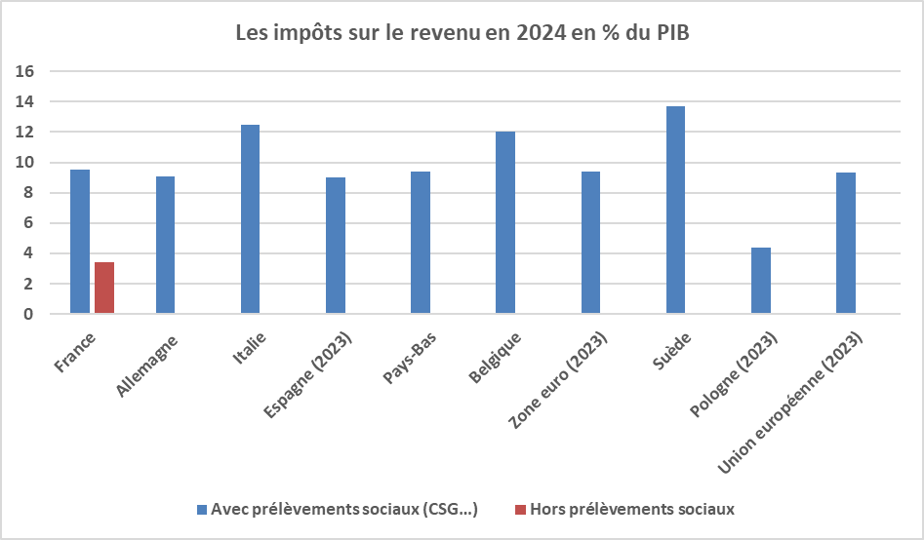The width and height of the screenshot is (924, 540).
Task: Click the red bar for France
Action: [104, 288]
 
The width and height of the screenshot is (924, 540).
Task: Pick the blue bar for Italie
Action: [250, 219]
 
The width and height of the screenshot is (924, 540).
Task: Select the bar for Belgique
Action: [505, 223]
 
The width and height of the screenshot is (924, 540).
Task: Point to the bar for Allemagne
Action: [165, 245]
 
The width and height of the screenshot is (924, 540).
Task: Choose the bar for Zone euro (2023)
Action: [590, 243]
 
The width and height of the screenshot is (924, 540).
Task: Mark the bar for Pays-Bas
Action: [421, 243]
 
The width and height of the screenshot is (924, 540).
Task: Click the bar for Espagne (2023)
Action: [335, 246]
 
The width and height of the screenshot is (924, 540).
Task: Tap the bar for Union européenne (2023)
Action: [846, 243]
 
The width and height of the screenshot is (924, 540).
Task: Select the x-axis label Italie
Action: [252, 348]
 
